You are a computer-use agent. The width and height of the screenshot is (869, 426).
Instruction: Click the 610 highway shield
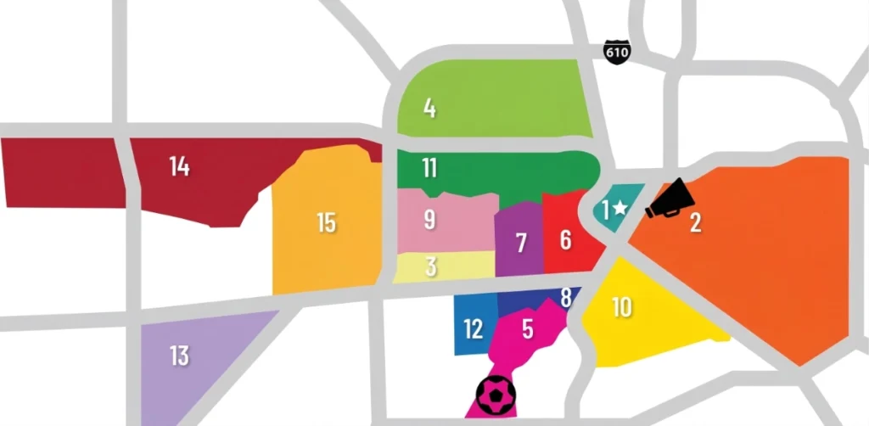[617, 51]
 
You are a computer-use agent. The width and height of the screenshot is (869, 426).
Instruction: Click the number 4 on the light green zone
[429, 109]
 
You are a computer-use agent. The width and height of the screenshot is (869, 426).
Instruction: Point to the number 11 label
[429, 168]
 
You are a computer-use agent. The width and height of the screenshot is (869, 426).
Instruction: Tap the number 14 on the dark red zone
[179, 166]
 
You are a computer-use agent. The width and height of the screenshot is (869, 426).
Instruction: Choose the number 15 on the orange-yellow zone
[326, 223]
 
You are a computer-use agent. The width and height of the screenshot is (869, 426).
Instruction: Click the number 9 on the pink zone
[429, 219]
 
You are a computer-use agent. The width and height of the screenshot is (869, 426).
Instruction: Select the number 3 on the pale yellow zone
[431, 266]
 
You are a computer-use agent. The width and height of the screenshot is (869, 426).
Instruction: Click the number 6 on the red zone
[566, 240]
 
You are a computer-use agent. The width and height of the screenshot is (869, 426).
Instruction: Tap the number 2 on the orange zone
[696, 224]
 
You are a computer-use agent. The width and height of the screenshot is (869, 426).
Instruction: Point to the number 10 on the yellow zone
[622, 307]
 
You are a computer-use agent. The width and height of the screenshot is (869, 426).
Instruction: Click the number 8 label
[566, 298]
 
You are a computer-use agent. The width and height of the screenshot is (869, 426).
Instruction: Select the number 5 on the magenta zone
[527, 328]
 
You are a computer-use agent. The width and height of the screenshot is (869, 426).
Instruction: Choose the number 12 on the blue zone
[474, 328]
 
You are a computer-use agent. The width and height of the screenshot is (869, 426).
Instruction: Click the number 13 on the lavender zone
[179, 355]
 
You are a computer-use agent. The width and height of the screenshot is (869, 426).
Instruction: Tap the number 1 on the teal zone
[605, 209]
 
